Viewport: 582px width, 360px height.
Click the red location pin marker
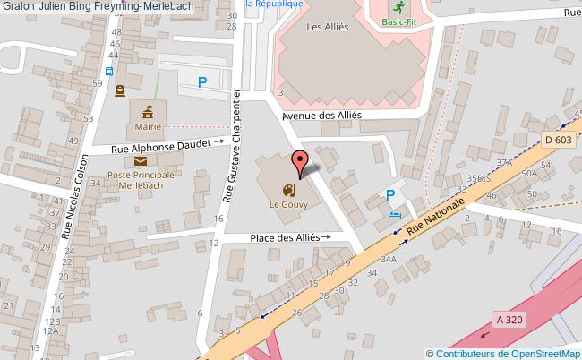299,162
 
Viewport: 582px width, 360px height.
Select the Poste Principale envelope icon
141,161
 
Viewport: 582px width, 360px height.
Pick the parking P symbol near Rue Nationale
390,195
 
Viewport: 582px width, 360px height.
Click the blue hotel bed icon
395,215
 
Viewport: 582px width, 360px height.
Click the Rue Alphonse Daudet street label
161,145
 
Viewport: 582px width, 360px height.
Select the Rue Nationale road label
435,219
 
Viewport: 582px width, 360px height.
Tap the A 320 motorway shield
509,319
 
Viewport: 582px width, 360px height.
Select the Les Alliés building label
327,27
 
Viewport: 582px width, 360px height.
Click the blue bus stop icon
108,72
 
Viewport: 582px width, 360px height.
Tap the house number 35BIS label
478,178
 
